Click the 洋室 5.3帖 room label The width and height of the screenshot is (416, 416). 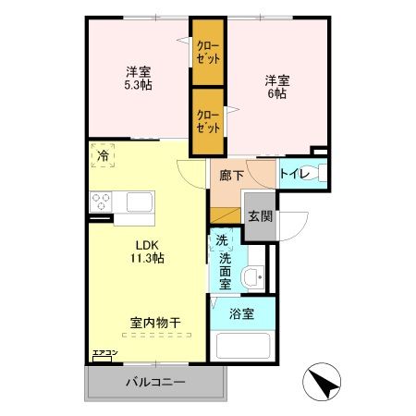pyautogui.click(x=139, y=77)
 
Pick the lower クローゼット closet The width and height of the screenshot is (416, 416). pyautogui.click(x=207, y=122)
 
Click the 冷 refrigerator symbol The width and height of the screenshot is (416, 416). pyautogui.click(x=103, y=157)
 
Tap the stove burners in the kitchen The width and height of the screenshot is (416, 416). pyautogui.click(x=101, y=202)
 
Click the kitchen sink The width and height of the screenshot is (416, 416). pyautogui.click(x=139, y=202)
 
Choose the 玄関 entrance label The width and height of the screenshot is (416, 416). pyautogui.click(x=260, y=216)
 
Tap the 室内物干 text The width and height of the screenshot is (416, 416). pyautogui.click(x=154, y=323)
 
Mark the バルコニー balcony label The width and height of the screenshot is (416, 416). pyautogui.click(x=156, y=384)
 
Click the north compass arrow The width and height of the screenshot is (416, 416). pyautogui.click(x=322, y=383)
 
